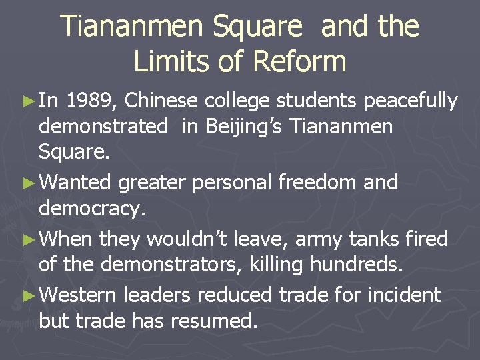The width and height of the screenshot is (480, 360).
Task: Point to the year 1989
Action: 92,101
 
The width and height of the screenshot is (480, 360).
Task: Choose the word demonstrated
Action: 103,127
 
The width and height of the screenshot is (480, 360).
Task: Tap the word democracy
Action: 91,209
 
